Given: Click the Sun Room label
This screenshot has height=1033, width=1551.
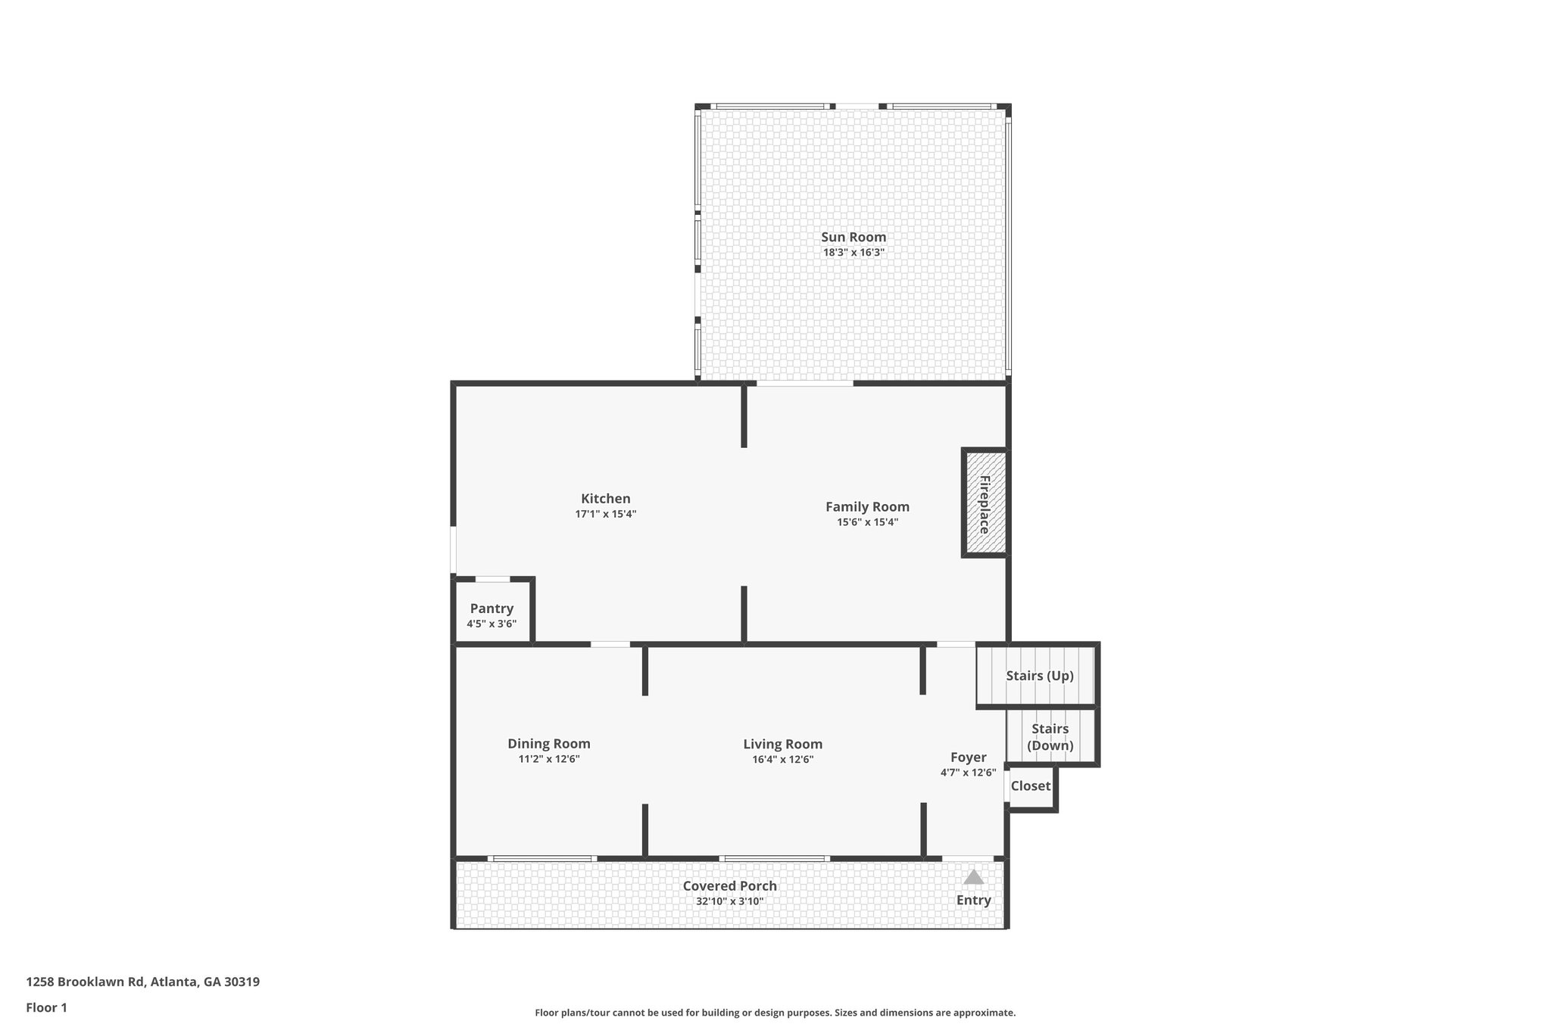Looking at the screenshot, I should (854, 237).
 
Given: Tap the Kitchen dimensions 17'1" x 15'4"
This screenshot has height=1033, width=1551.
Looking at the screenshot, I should (605, 514).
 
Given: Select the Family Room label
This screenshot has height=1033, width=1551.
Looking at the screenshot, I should (867, 507).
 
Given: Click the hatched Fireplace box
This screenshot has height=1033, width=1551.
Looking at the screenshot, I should (985, 504).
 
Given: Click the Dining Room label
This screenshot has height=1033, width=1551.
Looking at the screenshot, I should (548, 744).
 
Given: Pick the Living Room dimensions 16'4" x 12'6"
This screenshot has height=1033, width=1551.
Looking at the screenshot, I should (782, 760).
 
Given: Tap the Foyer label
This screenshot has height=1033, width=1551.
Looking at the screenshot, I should (968, 758).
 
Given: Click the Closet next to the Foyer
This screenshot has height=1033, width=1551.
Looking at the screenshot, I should (1031, 786).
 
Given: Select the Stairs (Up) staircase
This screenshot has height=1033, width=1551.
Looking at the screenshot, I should (1038, 676).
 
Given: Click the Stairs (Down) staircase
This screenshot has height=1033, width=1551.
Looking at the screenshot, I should (1050, 737).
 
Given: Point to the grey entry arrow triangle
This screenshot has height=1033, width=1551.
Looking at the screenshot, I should (973, 877).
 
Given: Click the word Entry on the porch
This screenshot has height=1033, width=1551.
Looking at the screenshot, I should (973, 901).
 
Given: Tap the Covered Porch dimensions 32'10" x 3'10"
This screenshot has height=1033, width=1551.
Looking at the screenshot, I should (729, 901).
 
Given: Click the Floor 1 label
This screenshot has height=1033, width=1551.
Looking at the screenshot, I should (47, 1007).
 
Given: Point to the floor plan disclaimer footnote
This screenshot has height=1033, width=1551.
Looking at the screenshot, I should (775, 1013).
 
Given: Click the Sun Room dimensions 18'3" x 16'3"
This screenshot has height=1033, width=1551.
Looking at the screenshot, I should (854, 253).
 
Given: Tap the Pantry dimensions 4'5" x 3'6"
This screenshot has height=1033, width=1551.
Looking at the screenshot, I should (492, 624).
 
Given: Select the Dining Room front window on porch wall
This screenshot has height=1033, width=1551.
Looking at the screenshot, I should (542, 858).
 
